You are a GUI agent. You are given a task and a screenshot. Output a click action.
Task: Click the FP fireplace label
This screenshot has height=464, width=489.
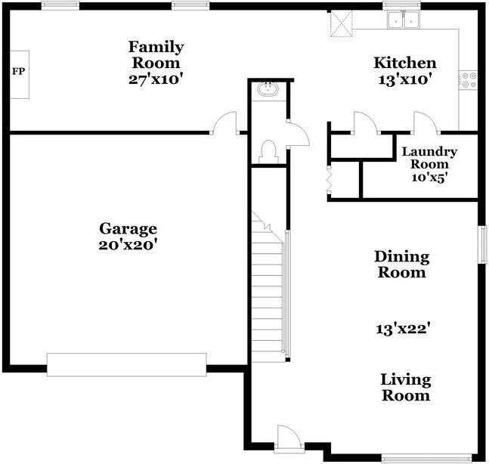18,71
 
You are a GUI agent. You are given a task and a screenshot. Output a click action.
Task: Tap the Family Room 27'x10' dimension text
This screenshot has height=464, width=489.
155,79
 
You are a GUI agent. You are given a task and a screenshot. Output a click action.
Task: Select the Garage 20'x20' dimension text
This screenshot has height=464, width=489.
127,245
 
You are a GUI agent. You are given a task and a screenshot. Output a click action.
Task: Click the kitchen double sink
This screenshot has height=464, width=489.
404,20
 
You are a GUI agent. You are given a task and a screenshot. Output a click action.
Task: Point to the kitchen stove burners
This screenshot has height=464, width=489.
469,80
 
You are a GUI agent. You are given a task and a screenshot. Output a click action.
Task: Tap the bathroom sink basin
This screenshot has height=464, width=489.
268,89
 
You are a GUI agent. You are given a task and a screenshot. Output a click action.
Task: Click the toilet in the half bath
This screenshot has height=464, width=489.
268,152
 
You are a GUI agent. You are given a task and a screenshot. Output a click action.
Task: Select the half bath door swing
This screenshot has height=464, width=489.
298,134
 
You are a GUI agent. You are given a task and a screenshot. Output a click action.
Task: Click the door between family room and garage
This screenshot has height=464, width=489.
224,123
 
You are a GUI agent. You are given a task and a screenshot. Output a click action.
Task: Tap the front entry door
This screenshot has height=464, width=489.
289,439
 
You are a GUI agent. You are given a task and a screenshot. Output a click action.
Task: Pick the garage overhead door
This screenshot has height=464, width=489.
127,364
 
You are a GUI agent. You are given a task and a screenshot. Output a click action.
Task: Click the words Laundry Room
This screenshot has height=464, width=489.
429,158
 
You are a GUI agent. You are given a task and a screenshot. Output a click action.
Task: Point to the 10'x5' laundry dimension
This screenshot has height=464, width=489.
429,178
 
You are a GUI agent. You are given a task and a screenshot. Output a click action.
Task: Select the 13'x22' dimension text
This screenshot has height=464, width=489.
403,329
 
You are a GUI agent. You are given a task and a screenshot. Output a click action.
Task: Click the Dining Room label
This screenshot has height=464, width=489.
401,264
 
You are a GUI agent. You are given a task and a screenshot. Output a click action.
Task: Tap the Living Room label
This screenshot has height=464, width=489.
406,388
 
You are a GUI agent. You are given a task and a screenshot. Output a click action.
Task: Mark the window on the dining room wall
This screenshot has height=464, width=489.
482,245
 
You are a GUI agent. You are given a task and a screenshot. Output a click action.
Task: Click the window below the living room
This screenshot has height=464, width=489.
427,459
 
